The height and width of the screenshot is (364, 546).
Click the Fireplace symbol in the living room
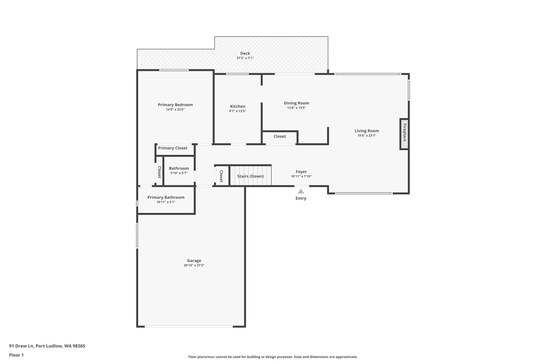(404, 134)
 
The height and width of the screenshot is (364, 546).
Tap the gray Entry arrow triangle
(301, 191)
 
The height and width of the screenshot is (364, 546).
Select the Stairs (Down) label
(250, 176)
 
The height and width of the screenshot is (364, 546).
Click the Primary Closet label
(173, 148)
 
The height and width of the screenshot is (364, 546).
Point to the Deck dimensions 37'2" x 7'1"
(245, 58)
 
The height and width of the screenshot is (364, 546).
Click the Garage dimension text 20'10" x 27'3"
(194, 265)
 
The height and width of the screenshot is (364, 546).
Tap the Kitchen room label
(238, 106)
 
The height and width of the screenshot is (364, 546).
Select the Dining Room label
(296, 103)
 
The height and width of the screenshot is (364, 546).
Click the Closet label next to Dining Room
(280, 136)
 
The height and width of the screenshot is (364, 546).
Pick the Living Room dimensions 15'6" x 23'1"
(367, 135)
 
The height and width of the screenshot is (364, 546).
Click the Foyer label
(301, 172)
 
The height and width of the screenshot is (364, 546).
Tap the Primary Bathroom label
(166, 197)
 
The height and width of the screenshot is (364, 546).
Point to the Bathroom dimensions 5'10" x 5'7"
(179, 173)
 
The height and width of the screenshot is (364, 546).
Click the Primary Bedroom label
(175, 105)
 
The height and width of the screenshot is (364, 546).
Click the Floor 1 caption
(16, 355)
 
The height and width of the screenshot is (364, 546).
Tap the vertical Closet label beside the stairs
(221, 176)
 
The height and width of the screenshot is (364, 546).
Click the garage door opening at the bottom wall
(188, 326)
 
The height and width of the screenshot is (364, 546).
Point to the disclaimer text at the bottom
(273, 357)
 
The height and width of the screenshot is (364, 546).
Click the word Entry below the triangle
(301, 198)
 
